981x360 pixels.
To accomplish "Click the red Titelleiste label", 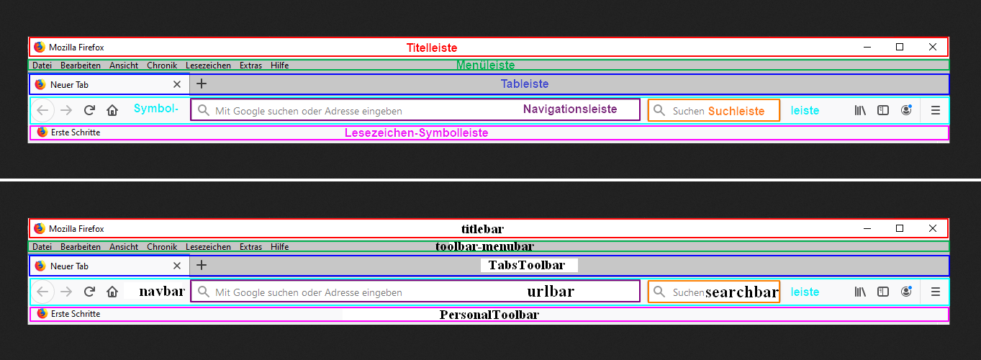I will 432,48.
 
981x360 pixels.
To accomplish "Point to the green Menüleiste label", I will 485,66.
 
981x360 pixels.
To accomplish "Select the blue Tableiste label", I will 525,84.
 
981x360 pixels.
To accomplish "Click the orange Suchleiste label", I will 736,111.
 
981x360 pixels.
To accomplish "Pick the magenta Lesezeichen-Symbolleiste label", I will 416,133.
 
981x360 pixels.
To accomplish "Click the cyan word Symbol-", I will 156,109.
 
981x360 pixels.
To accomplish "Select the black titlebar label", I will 482,229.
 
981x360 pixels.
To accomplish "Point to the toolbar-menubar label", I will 484,246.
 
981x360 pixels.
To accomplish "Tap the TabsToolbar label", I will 527,265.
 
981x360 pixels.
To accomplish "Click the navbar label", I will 162,291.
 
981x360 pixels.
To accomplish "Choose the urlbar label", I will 551,291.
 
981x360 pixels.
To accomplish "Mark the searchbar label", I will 742,292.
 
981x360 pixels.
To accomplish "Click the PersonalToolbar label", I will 489,315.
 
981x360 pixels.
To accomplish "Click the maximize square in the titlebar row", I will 900,228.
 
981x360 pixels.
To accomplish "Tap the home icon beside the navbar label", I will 112,292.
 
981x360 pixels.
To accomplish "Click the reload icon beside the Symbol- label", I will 89,110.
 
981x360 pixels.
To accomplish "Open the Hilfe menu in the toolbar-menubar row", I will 279,247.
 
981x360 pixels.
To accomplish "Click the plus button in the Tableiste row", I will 202,84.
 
